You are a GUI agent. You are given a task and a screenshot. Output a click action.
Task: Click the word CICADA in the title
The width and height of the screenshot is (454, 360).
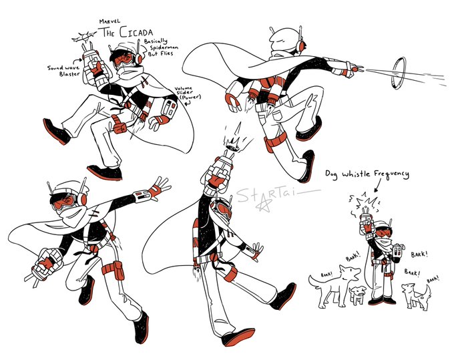pos(136,33)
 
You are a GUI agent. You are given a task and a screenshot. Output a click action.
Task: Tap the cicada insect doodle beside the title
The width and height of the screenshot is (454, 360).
pos(84,37)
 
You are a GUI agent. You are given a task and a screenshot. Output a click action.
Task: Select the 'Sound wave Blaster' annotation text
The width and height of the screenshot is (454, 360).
pos(63,71)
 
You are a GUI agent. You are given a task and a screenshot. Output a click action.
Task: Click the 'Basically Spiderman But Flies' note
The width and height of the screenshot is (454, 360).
pos(161,47)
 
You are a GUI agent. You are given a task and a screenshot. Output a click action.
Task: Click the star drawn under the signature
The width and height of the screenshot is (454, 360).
pos(264,206)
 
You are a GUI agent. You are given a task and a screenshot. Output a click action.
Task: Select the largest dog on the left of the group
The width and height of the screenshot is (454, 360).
pos(336,285)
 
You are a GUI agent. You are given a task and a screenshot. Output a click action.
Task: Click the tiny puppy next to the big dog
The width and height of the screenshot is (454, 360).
pos(358,295)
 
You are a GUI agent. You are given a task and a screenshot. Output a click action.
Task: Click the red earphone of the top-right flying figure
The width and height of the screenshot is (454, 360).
pos(302,45)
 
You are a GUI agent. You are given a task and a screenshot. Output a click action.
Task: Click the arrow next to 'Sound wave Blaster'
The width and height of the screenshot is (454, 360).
pos(78,61)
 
